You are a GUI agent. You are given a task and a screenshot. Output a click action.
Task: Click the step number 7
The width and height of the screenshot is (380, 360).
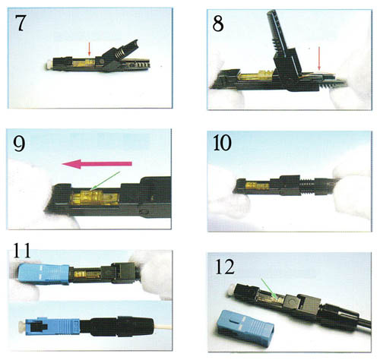20,23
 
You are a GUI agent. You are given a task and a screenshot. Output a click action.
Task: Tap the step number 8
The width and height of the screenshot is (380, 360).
218,24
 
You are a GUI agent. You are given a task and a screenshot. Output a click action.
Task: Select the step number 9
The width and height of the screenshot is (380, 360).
19,144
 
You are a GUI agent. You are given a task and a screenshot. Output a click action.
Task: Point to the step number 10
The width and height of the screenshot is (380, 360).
222,143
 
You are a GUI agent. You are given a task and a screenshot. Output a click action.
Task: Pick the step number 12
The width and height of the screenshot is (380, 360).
225,267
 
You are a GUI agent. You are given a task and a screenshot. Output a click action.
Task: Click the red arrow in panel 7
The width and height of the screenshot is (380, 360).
89,49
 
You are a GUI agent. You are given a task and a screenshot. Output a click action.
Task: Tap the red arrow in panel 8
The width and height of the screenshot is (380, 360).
319,58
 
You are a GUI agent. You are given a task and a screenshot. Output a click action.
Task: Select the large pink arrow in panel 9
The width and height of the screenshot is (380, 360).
97,164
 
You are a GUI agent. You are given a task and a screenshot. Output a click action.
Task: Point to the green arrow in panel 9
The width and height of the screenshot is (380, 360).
105,181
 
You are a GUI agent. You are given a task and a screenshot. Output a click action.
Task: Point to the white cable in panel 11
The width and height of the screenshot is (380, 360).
163,327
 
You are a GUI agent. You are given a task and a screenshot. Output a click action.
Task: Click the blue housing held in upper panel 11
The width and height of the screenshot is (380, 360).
43,274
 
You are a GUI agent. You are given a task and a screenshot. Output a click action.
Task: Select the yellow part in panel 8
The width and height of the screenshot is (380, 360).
256,76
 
